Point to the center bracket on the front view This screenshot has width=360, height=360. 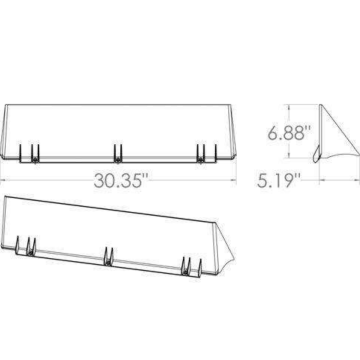(x=118, y=153)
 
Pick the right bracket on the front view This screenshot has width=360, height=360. (x=206, y=153)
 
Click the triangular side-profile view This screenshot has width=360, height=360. (x=330, y=140)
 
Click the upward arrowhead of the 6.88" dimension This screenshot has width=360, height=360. (x=289, y=107)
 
